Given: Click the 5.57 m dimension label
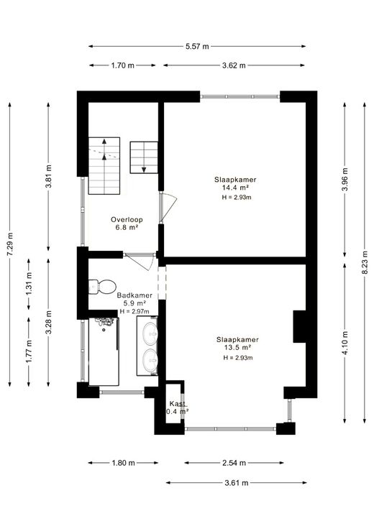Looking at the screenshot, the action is (x=197, y=47).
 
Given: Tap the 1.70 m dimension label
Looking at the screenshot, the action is (x=123, y=65).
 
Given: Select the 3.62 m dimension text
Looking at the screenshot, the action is (x=234, y=65).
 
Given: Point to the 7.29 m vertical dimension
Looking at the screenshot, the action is (x=10, y=244).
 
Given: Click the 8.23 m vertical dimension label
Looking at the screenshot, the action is (x=365, y=263).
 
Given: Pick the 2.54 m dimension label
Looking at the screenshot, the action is (x=234, y=463).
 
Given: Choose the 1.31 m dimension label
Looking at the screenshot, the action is (x=29, y=283).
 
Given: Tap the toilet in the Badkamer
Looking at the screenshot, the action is (x=102, y=287).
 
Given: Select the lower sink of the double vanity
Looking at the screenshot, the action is (x=150, y=361).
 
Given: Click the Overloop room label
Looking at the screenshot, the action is (x=127, y=220).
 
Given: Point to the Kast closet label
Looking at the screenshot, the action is (x=177, y=404).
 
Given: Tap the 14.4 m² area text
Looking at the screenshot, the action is (x=235, y=188).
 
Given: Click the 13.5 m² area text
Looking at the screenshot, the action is (x=237, y=348).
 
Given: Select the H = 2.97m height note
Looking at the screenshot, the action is (x=134, y=311).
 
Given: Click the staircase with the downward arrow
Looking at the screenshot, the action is (x=144, y=157).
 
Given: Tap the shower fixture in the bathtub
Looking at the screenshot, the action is (x=106, y=323).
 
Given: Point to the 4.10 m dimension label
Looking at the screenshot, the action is (x=345, y=343).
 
